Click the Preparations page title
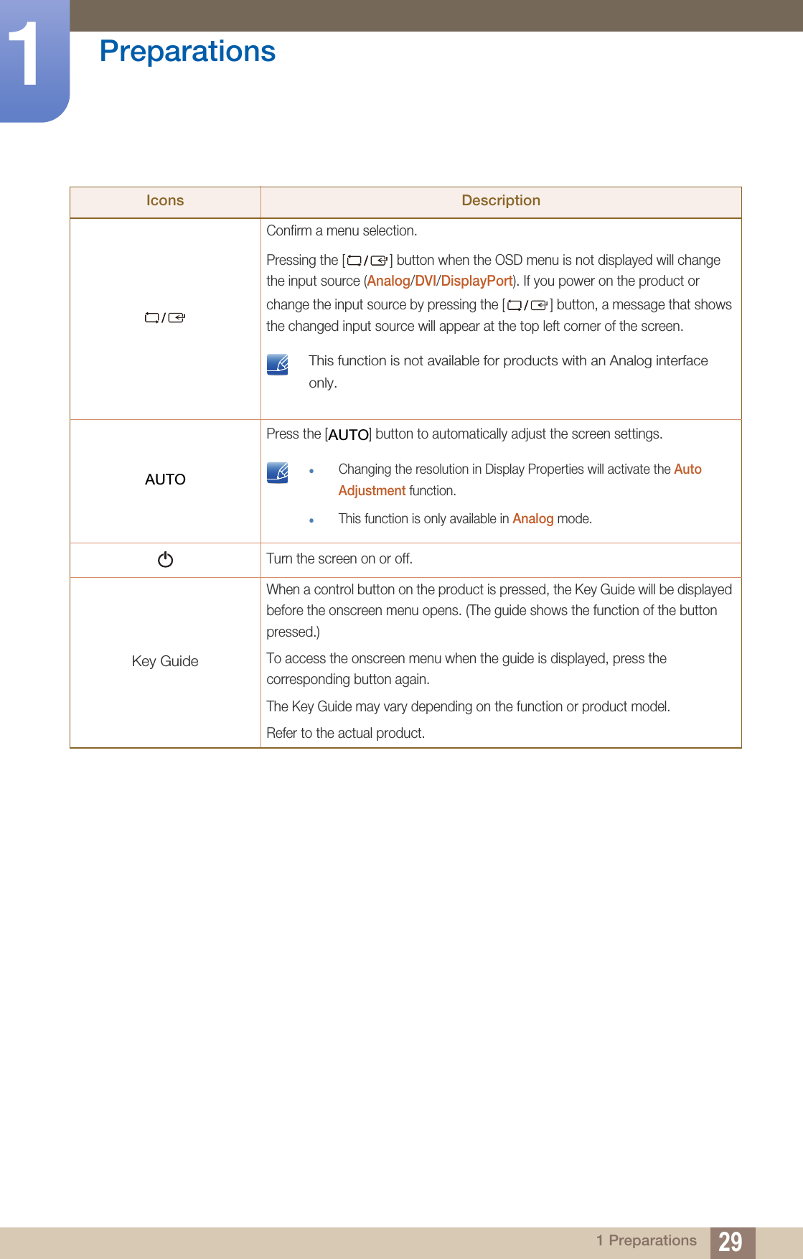(x=187, y=52)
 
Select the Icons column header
(x=165, y=201)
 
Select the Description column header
(x=500, y=201)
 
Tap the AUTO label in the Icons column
(x=165, y=479)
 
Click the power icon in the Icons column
(x=165, y=559)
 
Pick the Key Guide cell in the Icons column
(x=165, y=661)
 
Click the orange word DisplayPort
(x=476, y=281)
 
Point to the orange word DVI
(x=425, y=281)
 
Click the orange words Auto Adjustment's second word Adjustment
(x=372, y=491)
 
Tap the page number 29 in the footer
(x=731, y=1242)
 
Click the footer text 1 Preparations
(x=646, y=1240)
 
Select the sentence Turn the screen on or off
(x=339, y=559)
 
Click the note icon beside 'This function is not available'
(x=278, y=365)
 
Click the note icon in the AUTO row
(x=278, y=472)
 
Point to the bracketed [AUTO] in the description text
(x=348, y=435)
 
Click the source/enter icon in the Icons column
(x=165, y=318)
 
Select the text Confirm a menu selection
(x=342, y=231)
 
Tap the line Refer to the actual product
(x=345, y=734)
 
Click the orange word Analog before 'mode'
(x=532, y=519)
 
